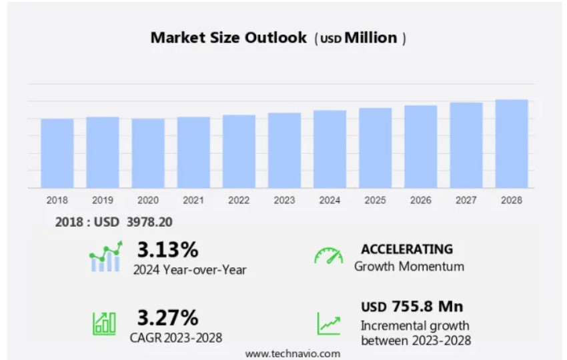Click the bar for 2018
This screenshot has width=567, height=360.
coord(57,153)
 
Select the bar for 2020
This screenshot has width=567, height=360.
coord(148,153)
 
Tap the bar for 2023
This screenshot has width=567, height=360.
coord(284,151)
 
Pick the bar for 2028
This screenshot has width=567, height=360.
coord(512,144)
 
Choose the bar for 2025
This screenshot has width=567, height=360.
coord(375,148)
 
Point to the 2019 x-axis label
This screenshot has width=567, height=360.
coord(103,200)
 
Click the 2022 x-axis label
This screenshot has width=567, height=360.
coord(239,200)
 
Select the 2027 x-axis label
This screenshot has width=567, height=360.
coord(466,200)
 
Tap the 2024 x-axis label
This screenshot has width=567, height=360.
coord(330,200)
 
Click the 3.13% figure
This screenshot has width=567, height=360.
coord(167,250)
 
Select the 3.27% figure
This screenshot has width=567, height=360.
coord(167,317)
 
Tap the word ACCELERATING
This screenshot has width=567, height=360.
coord(407,249)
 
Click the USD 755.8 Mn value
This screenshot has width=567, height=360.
coord(412,307)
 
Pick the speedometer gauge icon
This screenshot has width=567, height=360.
coord(328,257)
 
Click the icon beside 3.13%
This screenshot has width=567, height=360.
coord(105,257)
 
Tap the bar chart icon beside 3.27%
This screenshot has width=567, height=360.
coord(104,323)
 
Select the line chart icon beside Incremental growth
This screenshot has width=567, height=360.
coord(328,323)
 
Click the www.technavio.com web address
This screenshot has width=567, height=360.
coord(292,353)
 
